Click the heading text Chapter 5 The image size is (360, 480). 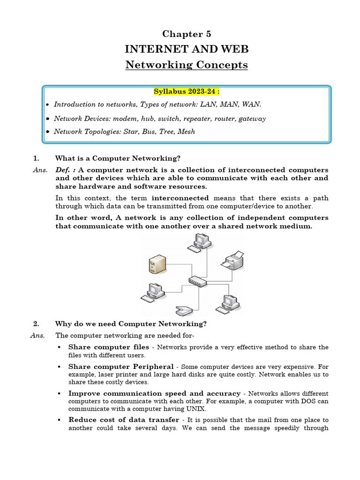[187, 34]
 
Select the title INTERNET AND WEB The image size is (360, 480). [187, 49]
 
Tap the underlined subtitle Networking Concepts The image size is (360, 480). [187, 65]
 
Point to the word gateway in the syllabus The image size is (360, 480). [252, 119]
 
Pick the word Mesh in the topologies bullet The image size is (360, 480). [186, 132]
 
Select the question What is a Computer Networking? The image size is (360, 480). [118, 158]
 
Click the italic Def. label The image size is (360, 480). [65, 170]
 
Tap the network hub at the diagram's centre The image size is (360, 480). [196, 281]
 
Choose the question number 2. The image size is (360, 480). [36, 324]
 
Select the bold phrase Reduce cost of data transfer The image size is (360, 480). [124, 420]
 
